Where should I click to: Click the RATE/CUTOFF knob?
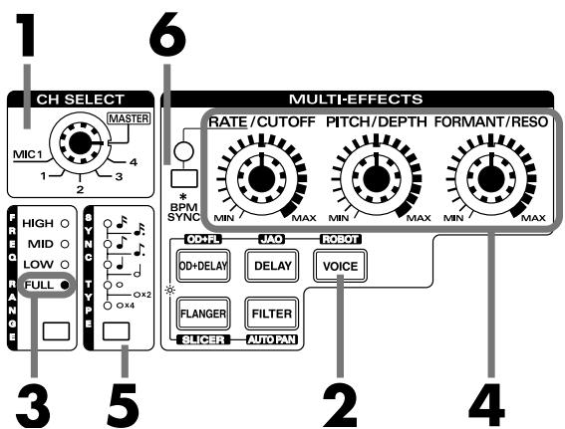(261, 176)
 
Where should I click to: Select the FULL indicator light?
(65, 287)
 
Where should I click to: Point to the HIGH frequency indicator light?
(65, 225)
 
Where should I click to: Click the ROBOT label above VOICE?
(335, 239)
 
